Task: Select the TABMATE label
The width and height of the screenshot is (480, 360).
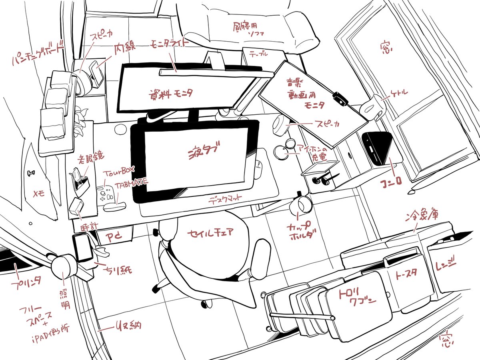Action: point(131,184)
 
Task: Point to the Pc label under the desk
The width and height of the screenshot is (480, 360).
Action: point(113,237)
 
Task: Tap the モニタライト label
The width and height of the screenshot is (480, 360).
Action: point(168,44)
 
